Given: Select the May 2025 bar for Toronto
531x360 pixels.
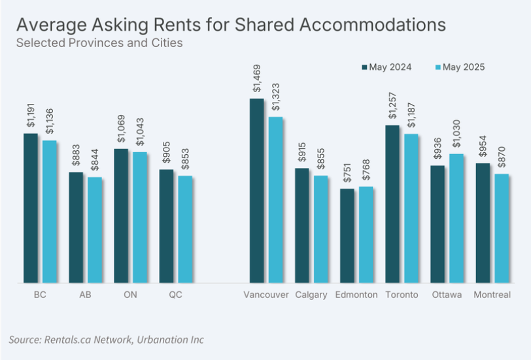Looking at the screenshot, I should [411, 208].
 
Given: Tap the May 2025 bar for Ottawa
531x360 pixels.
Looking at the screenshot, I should [456, 218].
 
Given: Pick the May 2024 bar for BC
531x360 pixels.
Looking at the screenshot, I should [31, 208].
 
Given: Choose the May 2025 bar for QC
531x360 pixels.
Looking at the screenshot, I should [185, 229].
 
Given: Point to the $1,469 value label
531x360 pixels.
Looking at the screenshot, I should [256, 82].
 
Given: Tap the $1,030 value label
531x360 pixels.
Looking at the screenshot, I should [456, 135].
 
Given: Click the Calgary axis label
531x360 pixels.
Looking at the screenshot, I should [311, 295].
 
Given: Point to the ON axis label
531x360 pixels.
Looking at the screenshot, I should [130, 295].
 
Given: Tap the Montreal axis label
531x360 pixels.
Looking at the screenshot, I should [492, 295].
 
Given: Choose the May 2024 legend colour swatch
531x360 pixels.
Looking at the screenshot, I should [365, 67].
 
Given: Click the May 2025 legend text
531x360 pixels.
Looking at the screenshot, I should [464, 67].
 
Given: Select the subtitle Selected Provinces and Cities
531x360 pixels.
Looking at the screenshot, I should [99, 43].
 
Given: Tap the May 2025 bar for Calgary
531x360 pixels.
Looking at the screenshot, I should [320, 229].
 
